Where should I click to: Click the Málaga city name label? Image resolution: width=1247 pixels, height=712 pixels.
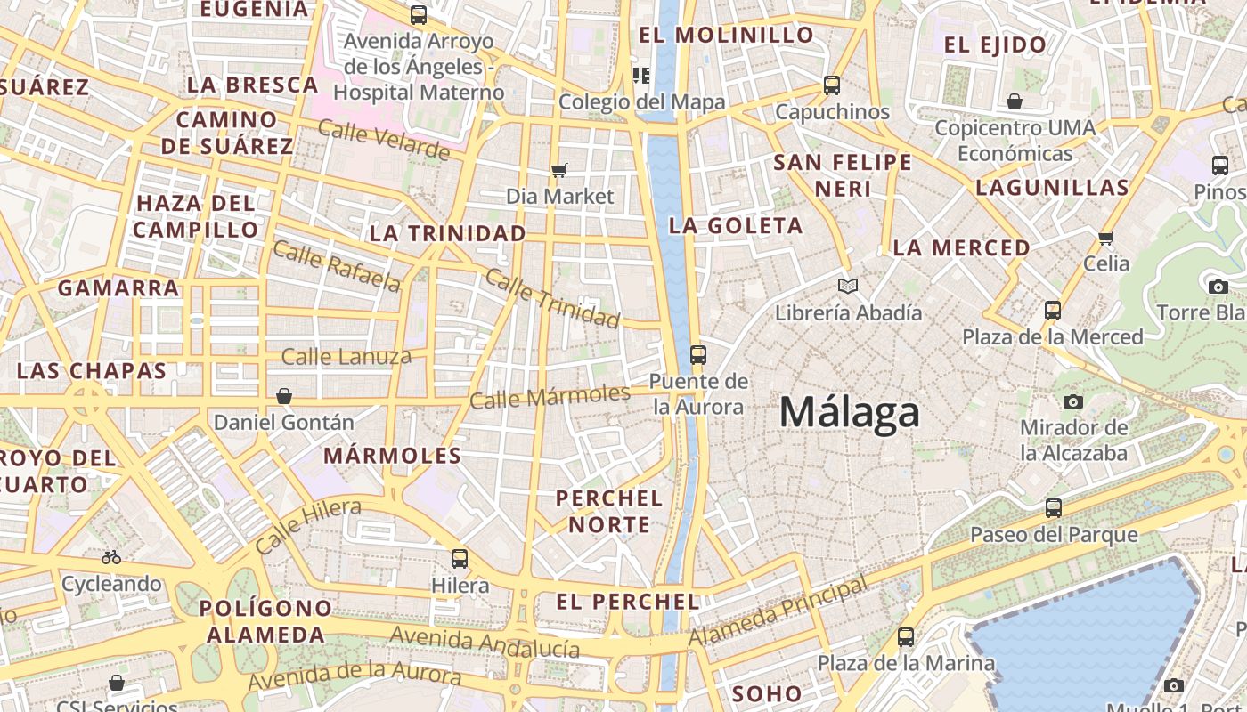point(849,413)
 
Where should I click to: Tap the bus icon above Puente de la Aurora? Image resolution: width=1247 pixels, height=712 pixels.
point(698,355)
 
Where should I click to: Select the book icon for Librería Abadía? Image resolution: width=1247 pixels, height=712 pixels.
point(848,287)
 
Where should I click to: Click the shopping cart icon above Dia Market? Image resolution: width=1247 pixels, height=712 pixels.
point(559,170)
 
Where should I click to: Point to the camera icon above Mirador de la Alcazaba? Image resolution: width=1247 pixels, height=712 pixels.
point(1073,401)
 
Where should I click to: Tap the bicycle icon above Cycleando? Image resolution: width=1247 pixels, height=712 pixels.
point(111,558)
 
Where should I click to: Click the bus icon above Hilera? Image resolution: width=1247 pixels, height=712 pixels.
point(460,559)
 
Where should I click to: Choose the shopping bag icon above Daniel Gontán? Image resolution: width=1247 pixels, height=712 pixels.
point(284,396)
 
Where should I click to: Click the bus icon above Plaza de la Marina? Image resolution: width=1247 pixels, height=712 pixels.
point(906,637)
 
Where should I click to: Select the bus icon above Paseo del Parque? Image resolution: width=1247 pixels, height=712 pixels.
point(1054,508)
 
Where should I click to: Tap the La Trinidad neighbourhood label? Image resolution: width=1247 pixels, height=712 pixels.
point(447,233)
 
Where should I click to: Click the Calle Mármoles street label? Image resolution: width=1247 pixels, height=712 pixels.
point(550,395)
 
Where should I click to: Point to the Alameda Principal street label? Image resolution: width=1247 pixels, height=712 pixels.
point(778,612)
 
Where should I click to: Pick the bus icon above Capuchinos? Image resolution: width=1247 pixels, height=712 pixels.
point(832,85)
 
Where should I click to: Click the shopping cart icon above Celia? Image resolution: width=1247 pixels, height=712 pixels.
point(1106,238)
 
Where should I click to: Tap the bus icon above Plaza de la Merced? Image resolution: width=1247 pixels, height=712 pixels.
point(1053,311)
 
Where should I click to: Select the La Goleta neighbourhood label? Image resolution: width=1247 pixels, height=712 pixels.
point(736,226)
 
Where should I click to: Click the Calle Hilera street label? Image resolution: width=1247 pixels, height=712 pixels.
point(308,525)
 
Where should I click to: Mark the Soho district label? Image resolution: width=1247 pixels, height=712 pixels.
point(766,693)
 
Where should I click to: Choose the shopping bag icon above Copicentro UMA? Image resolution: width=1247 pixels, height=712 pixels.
point(1015,101)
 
